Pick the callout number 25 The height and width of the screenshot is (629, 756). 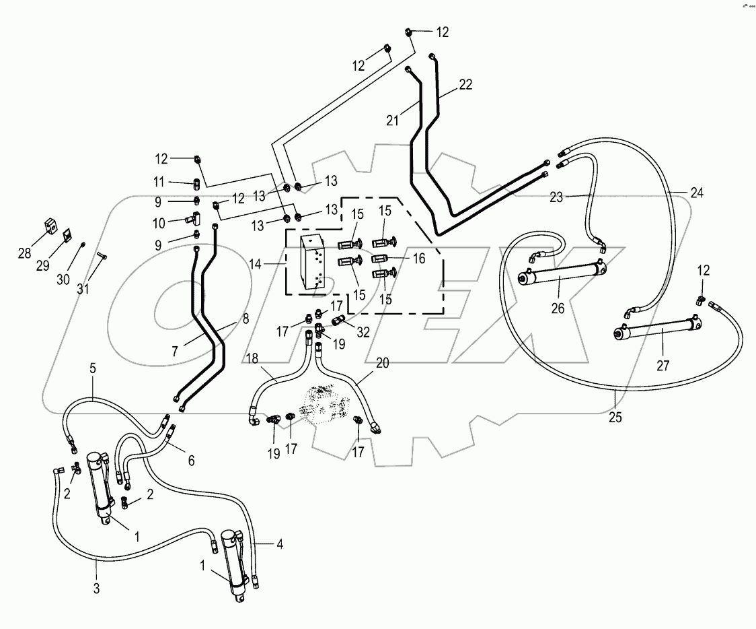[x=616, y=418]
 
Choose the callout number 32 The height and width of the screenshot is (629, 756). [x=363, y=332]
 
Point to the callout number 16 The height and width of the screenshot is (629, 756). [x=418, y=258]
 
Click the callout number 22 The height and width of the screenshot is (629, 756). [x=465, y=85]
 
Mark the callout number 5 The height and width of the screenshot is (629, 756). [x=93, y=368]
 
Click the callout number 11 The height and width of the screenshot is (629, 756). [x=159, y=182]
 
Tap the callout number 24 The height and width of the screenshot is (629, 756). [x=696, y=193]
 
